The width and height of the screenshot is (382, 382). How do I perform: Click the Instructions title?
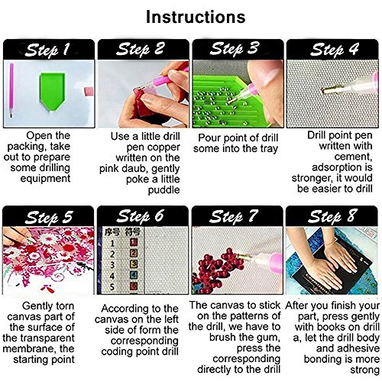pos(196,17)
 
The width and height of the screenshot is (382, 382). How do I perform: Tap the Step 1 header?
pos(47,50)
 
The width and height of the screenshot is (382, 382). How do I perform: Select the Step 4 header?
pos(335,49)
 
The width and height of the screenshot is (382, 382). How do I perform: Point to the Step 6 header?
pos(140,216)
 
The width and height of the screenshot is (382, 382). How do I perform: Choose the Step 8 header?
pos(332,216)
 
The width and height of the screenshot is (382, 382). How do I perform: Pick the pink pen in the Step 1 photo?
pos(11,90)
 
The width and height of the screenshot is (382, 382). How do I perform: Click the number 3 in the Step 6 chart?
pos(112,265)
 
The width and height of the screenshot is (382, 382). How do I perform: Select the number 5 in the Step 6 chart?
pos(112,287)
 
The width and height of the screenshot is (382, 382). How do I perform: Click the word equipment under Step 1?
pos(45,179)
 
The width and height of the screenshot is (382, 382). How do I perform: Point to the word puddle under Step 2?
pos(164,190)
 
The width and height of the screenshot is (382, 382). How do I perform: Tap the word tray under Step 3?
pos(269,149)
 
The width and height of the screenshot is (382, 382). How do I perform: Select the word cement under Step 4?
pos(353,157)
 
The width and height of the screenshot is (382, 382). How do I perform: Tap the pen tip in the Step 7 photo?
pos(239,255)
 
